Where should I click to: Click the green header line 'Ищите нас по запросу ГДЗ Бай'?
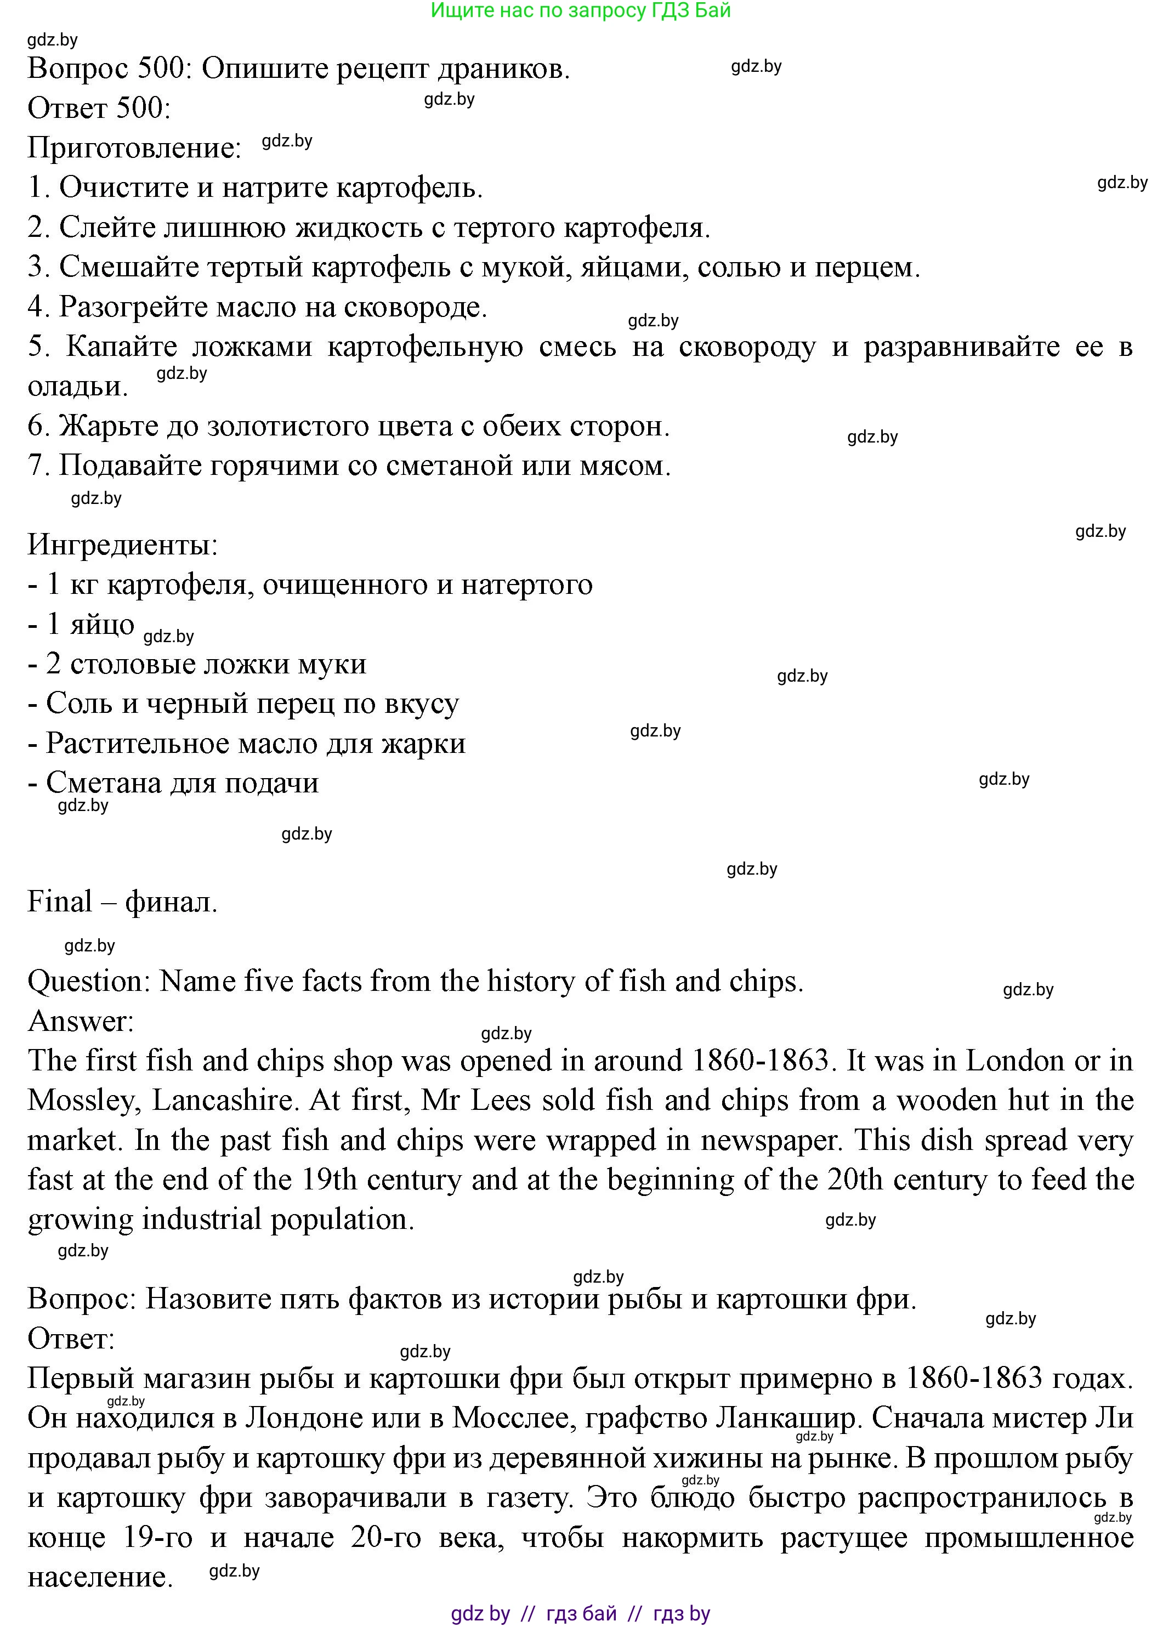point(580,11)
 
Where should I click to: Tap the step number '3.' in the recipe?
point(39,267)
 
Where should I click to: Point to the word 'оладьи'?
point(77,387)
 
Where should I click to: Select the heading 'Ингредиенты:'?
point(122,546)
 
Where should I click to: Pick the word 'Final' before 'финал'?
point(59,902)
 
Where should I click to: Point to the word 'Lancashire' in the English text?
point(225,1101)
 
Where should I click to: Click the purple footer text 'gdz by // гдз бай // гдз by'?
point(580,1613)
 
